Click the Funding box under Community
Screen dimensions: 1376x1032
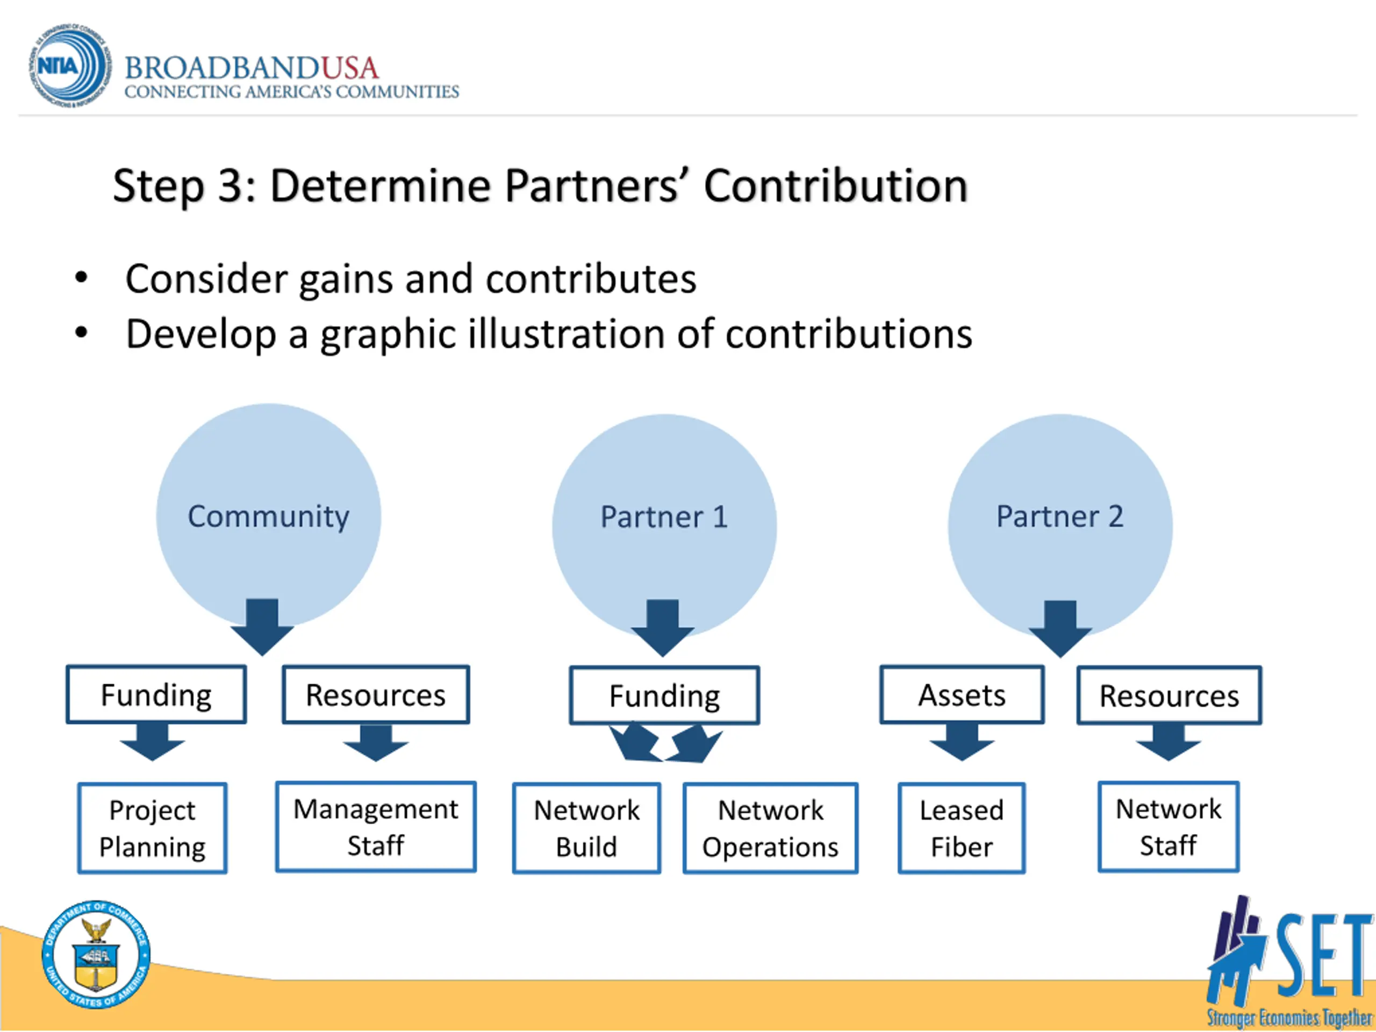(156, 694)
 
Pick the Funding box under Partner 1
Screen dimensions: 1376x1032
(664, 695)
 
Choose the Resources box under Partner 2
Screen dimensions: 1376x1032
(1169, 695)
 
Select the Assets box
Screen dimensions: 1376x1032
(962, 694)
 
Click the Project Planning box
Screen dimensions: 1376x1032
(153, 828)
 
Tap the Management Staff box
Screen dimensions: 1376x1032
(376, 827)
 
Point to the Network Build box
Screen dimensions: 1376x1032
(586, 828)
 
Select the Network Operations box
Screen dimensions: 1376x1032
(770, 828)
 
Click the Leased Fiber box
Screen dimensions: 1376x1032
(961, 828)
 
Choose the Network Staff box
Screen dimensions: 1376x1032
(1168, 827)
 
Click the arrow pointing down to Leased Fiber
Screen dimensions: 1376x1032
(962, 742)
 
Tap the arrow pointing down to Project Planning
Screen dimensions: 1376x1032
(153, 742)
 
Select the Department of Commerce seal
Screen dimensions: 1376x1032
(96, 955)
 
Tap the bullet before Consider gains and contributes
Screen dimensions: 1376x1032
(81, 278)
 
